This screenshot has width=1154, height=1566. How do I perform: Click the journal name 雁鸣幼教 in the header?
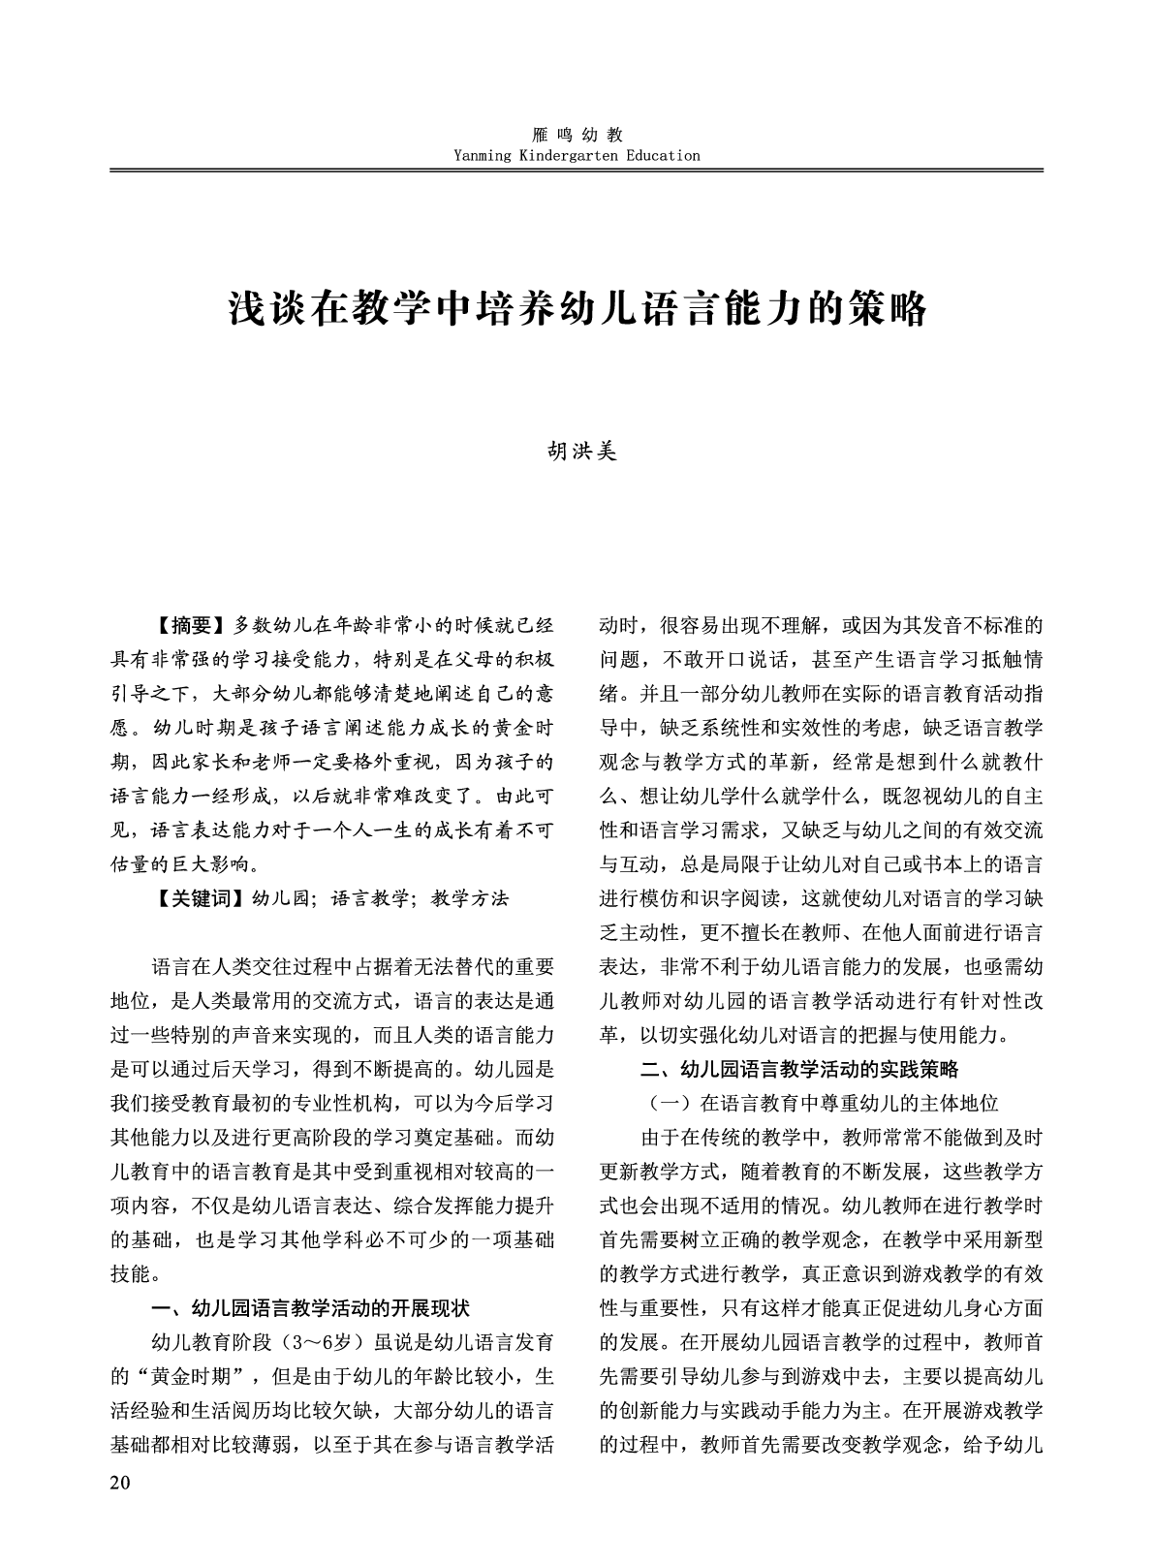tap(577, 136)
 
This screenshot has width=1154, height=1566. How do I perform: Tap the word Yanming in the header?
tap(484, 155)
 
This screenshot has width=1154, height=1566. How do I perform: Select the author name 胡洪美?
tap(577, 452)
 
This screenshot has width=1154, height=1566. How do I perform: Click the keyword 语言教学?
tap(371, 898)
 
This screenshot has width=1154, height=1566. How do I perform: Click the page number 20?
tap(120, 1483)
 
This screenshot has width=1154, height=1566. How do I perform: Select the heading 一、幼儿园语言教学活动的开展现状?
tap(311, 1308)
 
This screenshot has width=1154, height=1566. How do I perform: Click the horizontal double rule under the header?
tap(577, 171)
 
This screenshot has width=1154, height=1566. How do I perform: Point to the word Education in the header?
tap(662, 155)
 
